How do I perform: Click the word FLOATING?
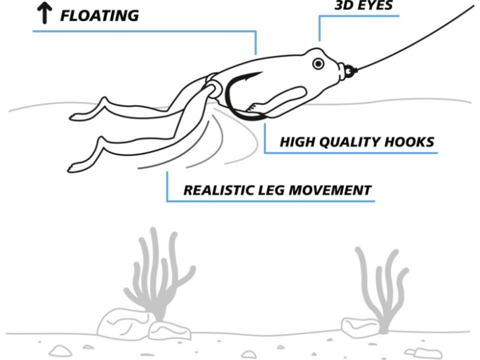coord(100,16)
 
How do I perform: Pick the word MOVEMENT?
coord(329,190)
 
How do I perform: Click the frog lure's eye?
coord(319,64)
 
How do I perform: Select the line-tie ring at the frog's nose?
coord(349,71)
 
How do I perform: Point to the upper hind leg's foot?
coord(77,117)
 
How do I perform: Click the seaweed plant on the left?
coord(158,275)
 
